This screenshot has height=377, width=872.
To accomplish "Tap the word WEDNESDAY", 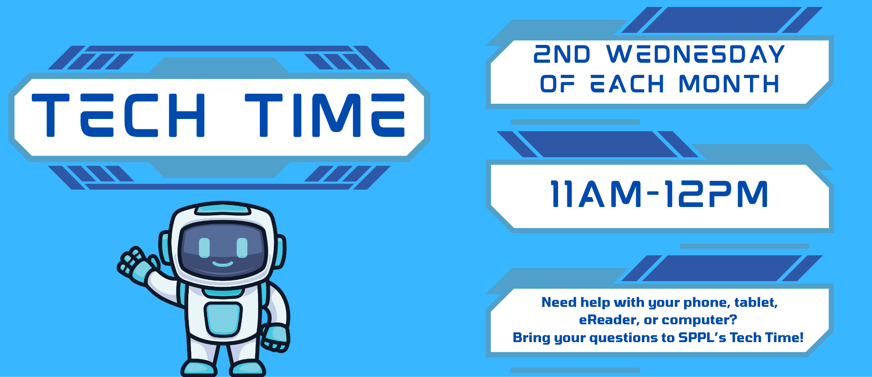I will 695,54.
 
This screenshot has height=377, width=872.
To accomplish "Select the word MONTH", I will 729,84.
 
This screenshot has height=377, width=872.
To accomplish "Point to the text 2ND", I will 562,54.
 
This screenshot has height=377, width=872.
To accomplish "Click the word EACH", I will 627,84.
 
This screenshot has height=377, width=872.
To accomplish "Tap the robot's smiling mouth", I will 222,263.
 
